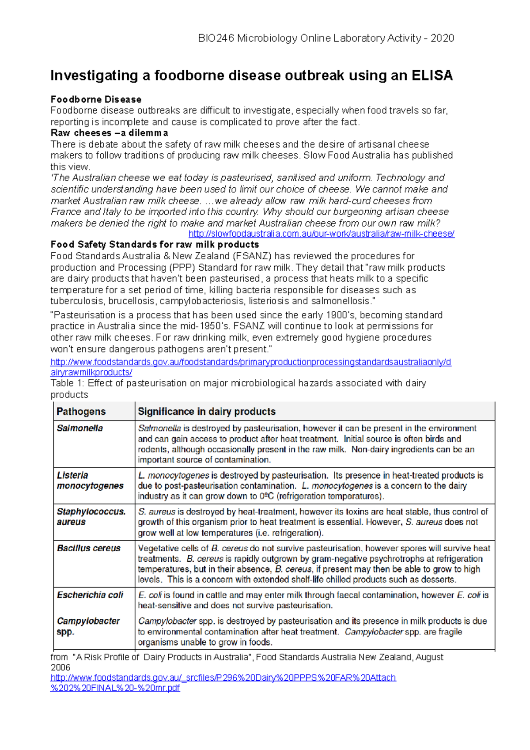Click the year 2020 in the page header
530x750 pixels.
pyautogui.click(x=442, y=38)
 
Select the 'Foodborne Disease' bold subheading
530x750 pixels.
pyautogui.click(x=96, y=99)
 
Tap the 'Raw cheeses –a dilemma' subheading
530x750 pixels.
pyautogui.click(x=109, y=133)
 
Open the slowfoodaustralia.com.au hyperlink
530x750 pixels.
pyautogui.click(x=321, y=234)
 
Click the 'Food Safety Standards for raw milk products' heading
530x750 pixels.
pyautogui.click(x=155, y=245)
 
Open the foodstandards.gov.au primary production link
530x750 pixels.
pyautogui.click(x=250, y=362)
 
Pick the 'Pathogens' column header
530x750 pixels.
pyautogui.click(x=81, y=412)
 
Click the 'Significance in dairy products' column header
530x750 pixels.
pyautogui.click(x=207, y=412)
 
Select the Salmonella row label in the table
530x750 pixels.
pyautogui.click(x=79, y=428)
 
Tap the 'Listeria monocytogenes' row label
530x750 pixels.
pyautogui.click(x=90, y=481)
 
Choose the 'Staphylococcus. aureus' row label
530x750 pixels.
pyautogui.click(x=91, y=516)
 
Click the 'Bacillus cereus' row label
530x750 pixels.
pyautogui.click(x=88, y=548)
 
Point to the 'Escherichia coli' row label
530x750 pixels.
pyautogui.click(x=90, y=595)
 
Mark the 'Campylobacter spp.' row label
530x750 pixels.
pyautogui.click(x=88, y=626)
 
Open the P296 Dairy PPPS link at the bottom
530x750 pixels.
pyautogui.click(x=223, y=678)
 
